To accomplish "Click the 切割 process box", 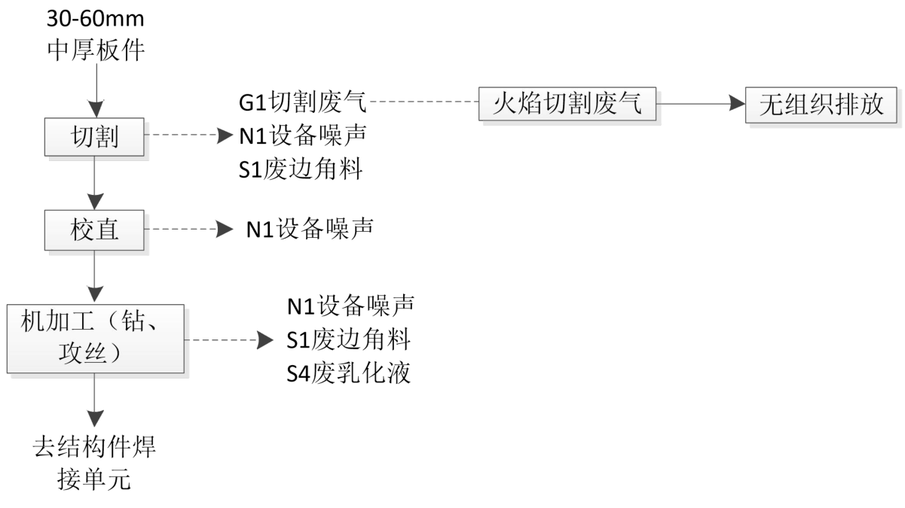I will pos(95,137).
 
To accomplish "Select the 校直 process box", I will pos(95,229).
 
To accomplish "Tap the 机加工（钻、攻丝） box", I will pos(95,339).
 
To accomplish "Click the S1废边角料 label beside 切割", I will pos(301,170).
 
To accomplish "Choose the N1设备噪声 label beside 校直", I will pos(310,229).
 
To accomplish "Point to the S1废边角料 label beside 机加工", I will pos(349,340).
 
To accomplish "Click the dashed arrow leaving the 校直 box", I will pos(188,229).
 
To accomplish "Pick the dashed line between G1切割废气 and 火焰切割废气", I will pos(424,101).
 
